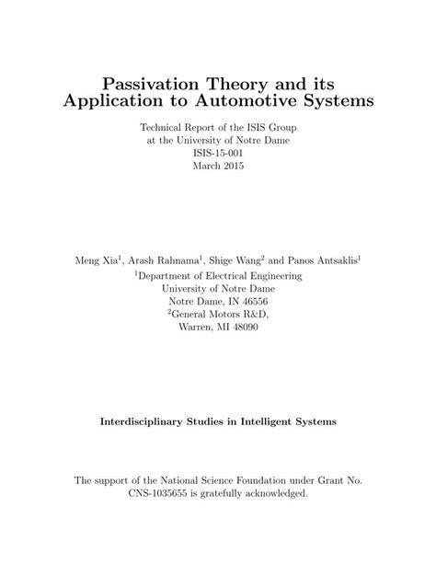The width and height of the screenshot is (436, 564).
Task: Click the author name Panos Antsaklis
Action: click(x=325, y=260)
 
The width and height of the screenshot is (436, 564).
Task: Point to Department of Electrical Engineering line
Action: click(x=219, y=274)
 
